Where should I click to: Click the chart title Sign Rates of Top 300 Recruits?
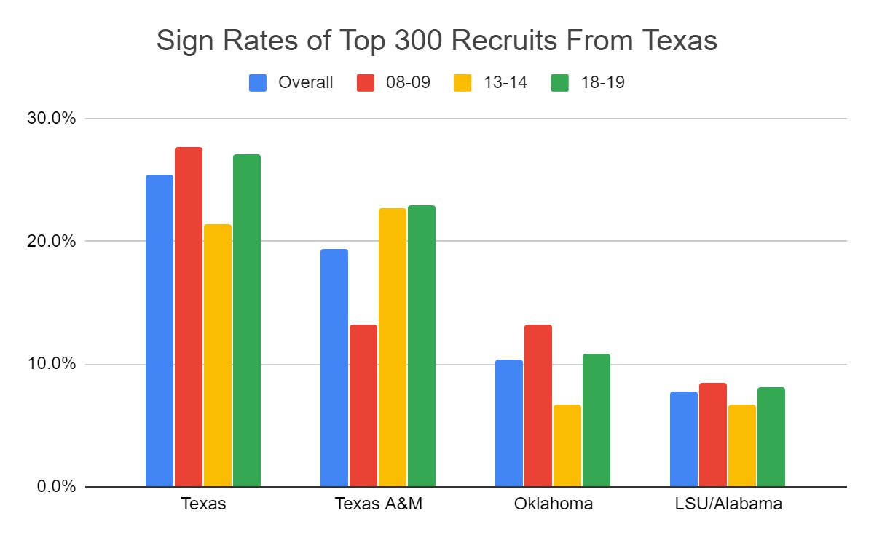pyautogui.click(x=437, y=41)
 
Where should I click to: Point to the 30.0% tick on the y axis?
pyautogui.click(x=50, y=119)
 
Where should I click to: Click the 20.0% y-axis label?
pyautogui.click(x=50, y=241)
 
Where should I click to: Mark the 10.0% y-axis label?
pyautogui.click(x=50, y=364)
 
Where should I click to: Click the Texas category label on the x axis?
pyautogui.click(x=203, y=504)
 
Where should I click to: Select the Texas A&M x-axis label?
pyautogui.click(x=378, y=504)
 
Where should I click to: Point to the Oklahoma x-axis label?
pyautogui.click(x=553, y=504)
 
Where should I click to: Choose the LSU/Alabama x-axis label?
pyautogui.click(x=727, y=504)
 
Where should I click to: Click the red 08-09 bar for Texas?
pyautogui.click(x=189, y=317)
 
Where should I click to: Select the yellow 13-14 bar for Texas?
pyautogui.click(x=218, y=355)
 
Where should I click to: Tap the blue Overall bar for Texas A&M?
pyautogui.click(x=334, y=368)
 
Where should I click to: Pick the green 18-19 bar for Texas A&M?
pyautogui.click(x=422, y=346)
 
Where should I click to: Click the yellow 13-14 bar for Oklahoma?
pyautogui.click(x=567, y=445)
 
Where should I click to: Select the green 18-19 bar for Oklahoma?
pyautogui.click(x=597, y=420)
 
